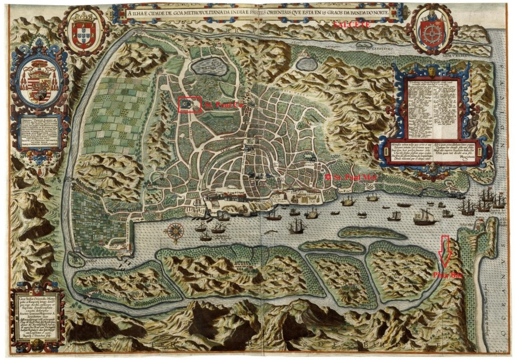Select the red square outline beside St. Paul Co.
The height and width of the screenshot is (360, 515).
[190, 105]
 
